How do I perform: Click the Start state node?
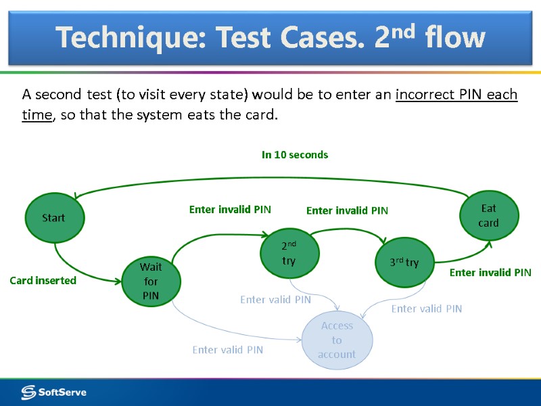click(53, 217)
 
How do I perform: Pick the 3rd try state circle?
click(404, 262)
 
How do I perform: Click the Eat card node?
click(489, 215)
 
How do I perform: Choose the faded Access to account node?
click(337, 340)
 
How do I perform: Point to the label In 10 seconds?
click(295, 155)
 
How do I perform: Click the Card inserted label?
click(43, 280)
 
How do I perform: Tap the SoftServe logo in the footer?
click(54, 392)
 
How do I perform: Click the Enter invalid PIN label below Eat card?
click(490, 273)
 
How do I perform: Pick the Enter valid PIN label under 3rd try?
click(427, 309)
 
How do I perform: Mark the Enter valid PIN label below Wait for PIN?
click(227, 350)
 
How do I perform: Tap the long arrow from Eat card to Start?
click(270, 179)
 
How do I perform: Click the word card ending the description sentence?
click(260, 115)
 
